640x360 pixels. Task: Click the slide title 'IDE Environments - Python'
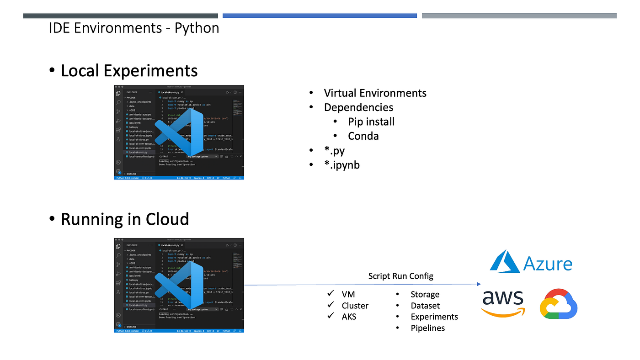click(134, 28)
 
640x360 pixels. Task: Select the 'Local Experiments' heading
click(129, 71)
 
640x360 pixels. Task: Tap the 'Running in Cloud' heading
click(125, 219)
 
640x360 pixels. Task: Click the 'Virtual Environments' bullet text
click(375, 93)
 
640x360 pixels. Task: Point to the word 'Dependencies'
click(358, 107)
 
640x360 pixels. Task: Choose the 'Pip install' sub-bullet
click(371, 122)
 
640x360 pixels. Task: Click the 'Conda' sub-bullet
click(363, 136)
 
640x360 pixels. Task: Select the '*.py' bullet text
click(334, 150)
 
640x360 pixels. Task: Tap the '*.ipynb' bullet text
click(342, 165)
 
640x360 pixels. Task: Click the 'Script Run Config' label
click(401, 276)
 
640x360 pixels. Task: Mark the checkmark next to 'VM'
click(331, 294)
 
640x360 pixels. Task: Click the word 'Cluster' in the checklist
click(355, 306)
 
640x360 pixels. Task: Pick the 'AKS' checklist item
click(349, 317)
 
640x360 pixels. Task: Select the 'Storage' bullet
click(425, 295)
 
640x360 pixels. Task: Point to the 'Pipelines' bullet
click(428, 328)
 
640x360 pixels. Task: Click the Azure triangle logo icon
click(505, 262)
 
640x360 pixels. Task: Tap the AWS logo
click(503, 303)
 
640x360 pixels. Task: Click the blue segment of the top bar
click(320, 16)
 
